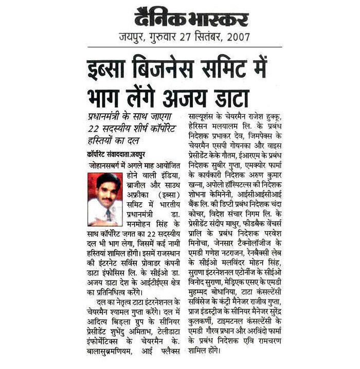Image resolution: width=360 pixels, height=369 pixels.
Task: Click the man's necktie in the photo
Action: pos(109,212)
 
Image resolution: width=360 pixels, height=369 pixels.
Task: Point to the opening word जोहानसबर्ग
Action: pos(105,166)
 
